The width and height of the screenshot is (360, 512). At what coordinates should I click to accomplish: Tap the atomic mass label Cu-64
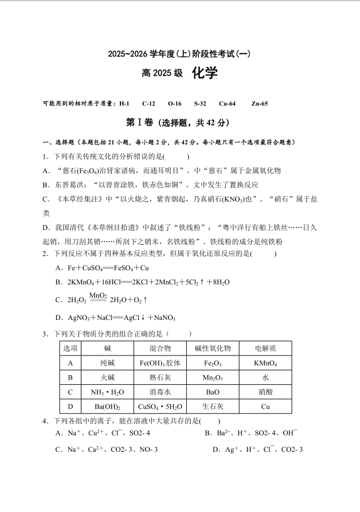[227, 104]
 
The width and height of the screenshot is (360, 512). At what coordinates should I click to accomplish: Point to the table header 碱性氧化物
[213, 349]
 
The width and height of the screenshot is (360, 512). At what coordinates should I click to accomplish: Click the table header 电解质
[265, 349]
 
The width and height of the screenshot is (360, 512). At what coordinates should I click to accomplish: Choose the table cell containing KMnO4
[265, 363]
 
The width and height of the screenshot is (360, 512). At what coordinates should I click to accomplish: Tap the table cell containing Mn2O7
[213, 378]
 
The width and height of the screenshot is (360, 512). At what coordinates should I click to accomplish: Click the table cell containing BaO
[213, 393]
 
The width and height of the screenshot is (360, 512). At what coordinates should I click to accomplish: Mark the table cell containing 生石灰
[213, 407]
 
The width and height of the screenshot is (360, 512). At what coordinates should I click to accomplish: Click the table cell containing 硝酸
[265, 393]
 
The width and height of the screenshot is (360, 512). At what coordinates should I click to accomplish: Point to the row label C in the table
[70, 393]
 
